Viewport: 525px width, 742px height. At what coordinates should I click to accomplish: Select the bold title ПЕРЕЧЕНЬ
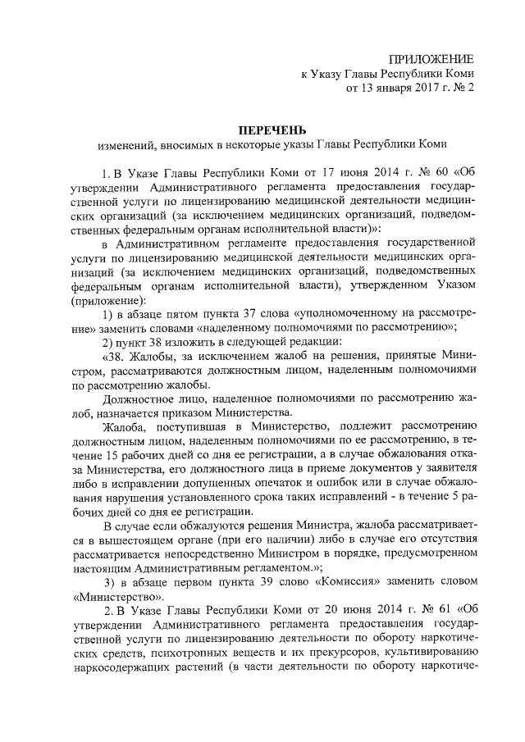(x=272, y=130)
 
